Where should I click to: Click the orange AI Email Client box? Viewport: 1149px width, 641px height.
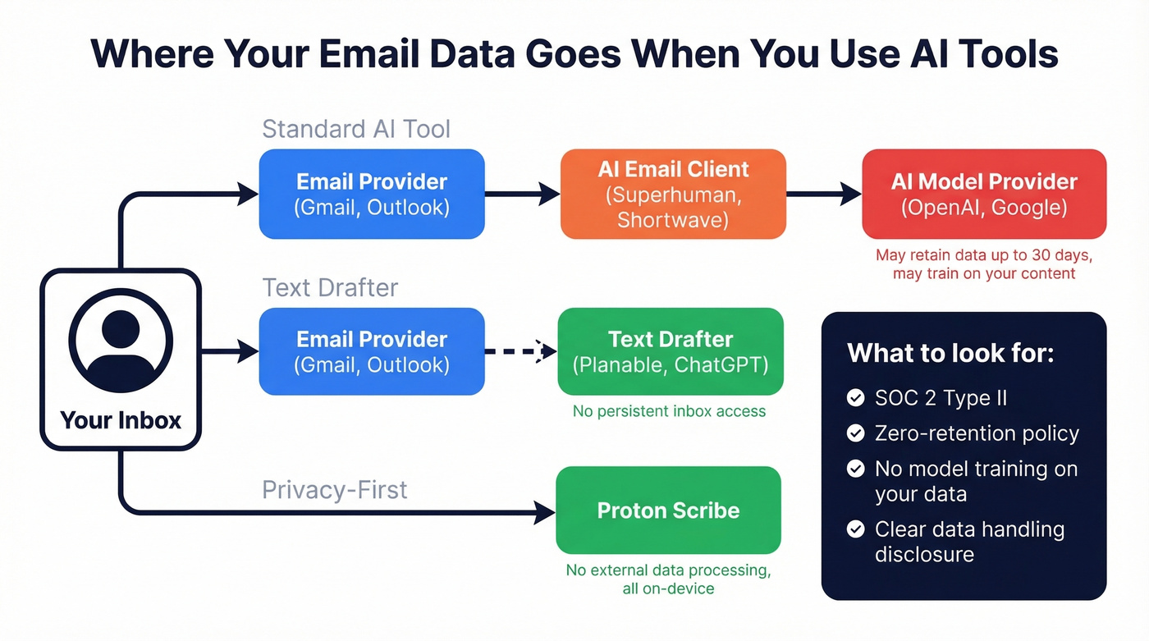coord(673,194)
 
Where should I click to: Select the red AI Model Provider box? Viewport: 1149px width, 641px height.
coord(984,194)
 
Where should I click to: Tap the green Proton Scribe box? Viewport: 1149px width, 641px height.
coord(668,510)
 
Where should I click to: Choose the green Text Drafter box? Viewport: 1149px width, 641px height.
coord(671,351)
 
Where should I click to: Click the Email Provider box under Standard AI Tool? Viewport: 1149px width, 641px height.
coord(372,194)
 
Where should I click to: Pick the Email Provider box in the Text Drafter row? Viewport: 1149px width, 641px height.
coord(372,351)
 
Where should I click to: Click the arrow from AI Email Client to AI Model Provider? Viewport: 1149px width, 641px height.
coord(823,194)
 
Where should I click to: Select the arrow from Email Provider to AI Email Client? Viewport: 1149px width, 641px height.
coord(522,194)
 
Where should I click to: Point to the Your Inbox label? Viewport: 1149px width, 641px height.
coord(121,420)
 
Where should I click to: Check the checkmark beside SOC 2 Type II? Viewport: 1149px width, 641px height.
coord(856,398)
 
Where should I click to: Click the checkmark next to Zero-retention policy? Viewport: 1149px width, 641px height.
coord(856,433)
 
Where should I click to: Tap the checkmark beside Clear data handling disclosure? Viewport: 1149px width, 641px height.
coord(856,529)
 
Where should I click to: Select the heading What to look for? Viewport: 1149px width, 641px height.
coord(950,353)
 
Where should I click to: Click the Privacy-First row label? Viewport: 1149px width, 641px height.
coord(334,490)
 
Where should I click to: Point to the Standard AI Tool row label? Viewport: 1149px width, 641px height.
coord(356,129)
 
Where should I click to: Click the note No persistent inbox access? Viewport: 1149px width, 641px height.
coord(669,411)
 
